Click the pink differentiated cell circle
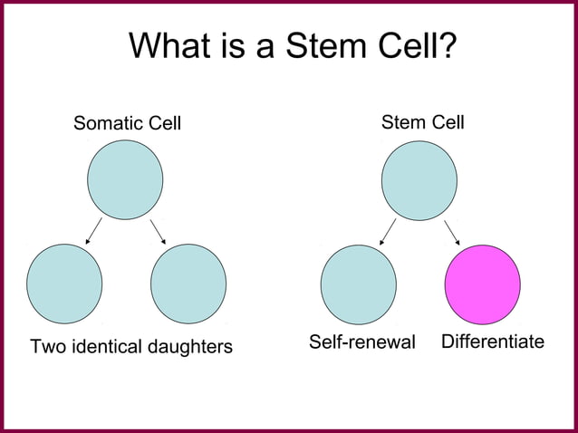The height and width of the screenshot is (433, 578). [482, 284]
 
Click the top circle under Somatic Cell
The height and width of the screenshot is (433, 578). [125, 179]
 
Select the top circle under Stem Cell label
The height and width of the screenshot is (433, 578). [419, 180]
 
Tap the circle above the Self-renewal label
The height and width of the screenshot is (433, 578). [358, 284]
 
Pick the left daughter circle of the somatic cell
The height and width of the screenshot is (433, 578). [64, 284]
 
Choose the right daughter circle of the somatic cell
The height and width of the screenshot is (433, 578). [188, 284]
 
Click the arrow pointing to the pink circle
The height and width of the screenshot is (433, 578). [452, 232]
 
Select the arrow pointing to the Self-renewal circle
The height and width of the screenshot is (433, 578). [388, 232]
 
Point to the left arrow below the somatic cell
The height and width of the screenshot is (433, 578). [93, 232]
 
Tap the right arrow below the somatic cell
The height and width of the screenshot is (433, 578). [158, 232]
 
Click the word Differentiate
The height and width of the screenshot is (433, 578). [492, 342]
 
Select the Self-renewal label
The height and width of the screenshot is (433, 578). [361, 342]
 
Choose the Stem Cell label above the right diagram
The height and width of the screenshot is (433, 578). [422, 121]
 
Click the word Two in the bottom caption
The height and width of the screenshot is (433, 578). [47, 347]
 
